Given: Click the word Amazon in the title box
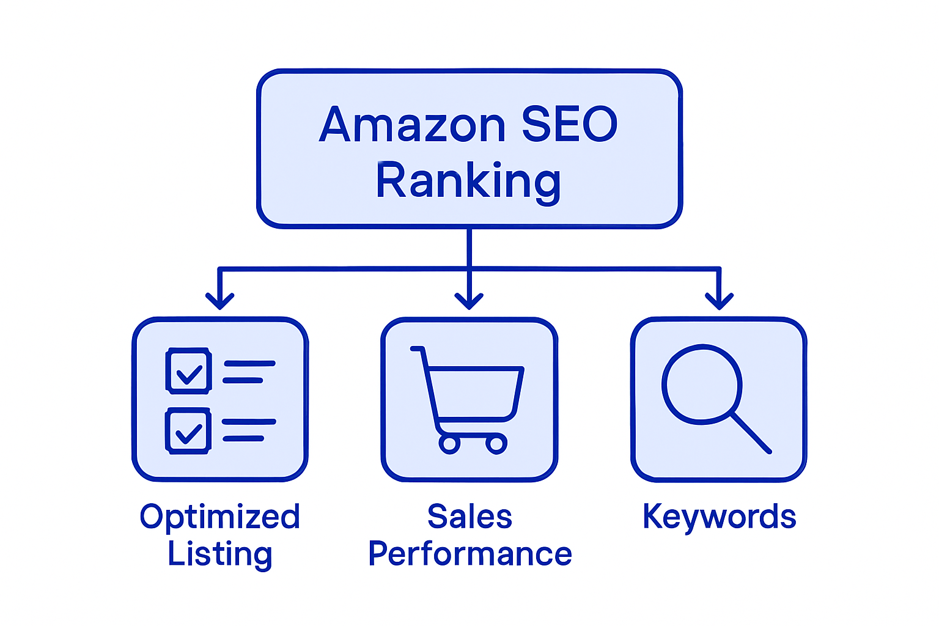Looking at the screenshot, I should click(413, 125).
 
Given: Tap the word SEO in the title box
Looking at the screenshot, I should click(569, 125).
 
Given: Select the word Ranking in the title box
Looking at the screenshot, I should click(468, 181).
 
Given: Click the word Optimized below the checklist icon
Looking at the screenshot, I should click(220, 517).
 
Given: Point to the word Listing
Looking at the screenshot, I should click(220, 554).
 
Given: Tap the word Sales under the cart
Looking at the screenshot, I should click(469, 517).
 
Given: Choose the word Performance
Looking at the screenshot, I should click(469, 554).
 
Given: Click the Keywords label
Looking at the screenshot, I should click(720, 517).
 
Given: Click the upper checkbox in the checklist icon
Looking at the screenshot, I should click(189, 371).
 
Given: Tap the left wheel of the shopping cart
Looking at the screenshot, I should click(449, 444).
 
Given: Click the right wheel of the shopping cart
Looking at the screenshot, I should click(496, 444).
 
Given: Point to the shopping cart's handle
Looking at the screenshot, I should click(417, 349).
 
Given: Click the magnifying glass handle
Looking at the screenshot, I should click(751, 433).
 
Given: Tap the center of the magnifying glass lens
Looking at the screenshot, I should click(701, 385).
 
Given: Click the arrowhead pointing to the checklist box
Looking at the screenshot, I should click(220, 301).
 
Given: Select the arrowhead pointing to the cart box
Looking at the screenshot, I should click(469, 301).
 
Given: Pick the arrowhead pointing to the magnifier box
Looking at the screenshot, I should click(720, 301).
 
